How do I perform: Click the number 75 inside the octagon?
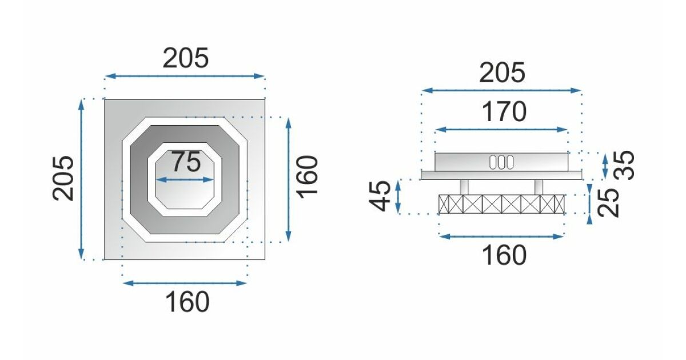click(186, 162)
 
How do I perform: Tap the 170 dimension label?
click(504, 112)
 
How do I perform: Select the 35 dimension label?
click(624, 165)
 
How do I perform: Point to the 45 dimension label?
click(380, 197)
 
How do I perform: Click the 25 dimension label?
click(608, 203)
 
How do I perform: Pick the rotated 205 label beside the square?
click(63, 178)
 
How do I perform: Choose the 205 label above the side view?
click(502, 73)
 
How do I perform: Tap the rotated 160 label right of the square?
click(308, 178)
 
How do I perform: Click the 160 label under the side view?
click(504, 255)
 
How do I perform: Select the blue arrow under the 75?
click(185, 179)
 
